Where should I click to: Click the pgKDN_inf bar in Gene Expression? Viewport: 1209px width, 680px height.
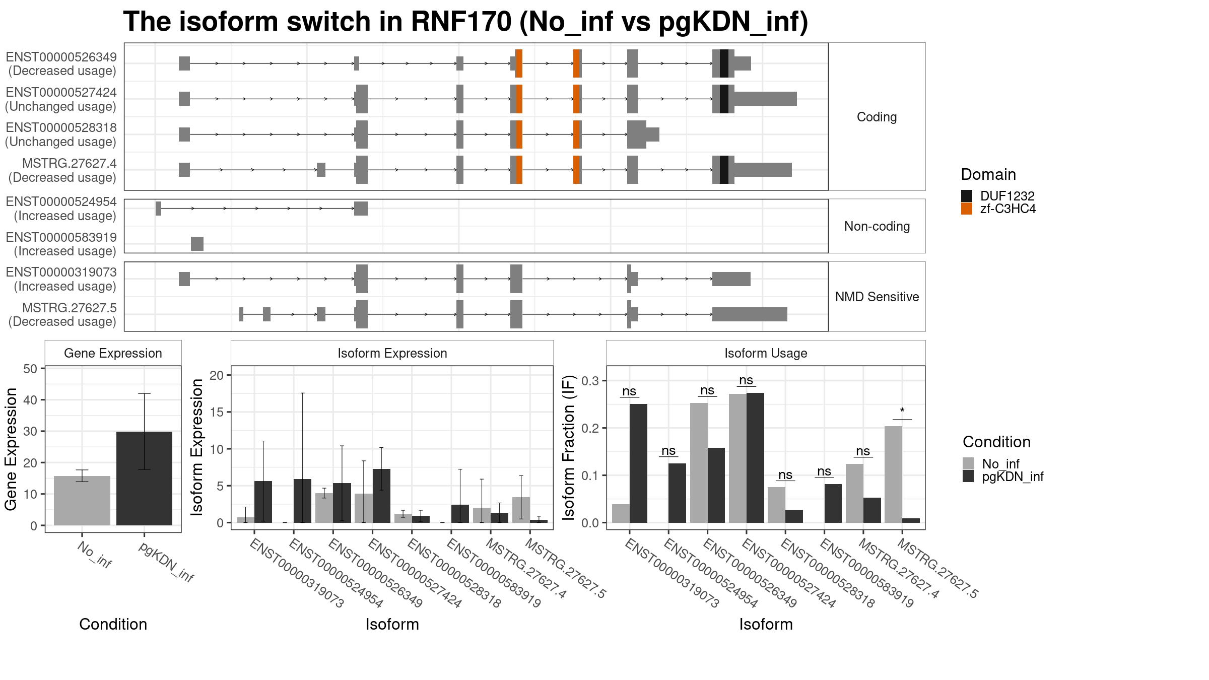[x=144, y=479]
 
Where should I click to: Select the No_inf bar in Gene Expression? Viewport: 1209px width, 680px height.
[x=82, y=501]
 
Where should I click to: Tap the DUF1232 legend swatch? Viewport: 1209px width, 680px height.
[x=967, y=196]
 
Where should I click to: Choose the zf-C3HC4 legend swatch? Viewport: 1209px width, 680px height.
[x=967, y=209]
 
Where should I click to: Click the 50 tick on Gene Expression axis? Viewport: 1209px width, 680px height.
[x=30, y=369]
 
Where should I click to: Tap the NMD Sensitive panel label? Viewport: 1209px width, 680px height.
[x=877, y=297]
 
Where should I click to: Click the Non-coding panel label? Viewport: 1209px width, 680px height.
[x=877, y=226]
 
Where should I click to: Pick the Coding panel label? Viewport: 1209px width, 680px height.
[x=877, y=117]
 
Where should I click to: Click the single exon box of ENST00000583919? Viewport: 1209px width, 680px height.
[x=197, y=244]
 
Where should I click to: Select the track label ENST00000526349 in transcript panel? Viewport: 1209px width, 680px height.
[x=61, y=57]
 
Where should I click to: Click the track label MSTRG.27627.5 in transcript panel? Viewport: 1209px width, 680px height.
[x=70, y=308]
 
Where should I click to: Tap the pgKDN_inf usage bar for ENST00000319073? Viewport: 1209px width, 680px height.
[x=638, y=463]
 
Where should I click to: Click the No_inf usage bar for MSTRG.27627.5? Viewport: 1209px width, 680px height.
[x=893, y=474]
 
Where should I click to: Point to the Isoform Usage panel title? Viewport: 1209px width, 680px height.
[x=766, y=353]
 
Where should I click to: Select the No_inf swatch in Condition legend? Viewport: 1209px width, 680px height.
[x=968, y=463]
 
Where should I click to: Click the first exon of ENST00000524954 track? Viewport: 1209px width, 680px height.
[x=158, y=209]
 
